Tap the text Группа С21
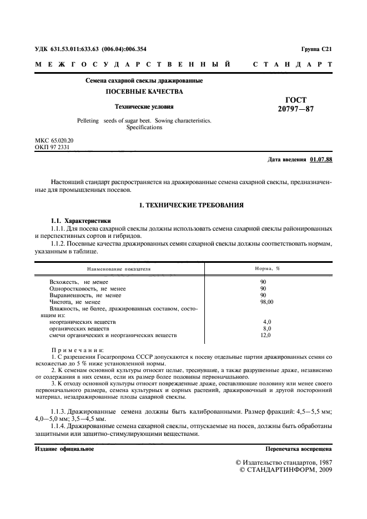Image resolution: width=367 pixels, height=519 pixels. tap(316, 49)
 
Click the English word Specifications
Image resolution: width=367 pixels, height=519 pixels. tap(144, 127)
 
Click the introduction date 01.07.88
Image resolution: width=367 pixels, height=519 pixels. tap(321, 160)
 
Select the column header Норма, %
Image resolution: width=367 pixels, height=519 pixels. tap(267, 268)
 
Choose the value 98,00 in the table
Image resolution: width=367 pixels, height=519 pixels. tap(267, 302)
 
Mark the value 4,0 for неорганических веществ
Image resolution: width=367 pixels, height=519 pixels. tap(267, 322)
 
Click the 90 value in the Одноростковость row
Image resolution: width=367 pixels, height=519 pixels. tap(263, 288)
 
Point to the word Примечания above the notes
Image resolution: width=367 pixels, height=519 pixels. tap(77, 350)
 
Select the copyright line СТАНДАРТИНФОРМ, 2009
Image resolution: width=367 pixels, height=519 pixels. tap(285, 470)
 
